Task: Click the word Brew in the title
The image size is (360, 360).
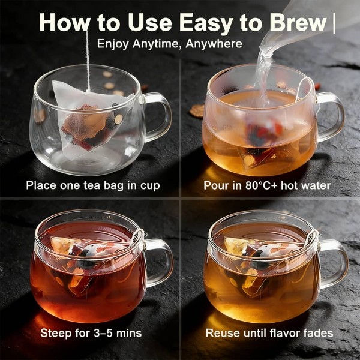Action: (x=298, y=23)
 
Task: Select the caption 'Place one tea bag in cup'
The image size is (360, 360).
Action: (x=93, y=185)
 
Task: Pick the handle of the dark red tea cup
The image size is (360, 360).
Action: (x=161, y=262)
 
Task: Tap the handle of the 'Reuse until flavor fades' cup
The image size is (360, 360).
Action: (x=335, y=263)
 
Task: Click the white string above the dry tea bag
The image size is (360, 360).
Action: (x=88, y=60)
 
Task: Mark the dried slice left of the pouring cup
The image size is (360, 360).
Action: (x=197, y=110)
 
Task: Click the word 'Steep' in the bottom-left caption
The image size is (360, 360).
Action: (x=56, y=334)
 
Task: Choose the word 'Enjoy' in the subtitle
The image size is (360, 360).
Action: (x=113, y=44)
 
